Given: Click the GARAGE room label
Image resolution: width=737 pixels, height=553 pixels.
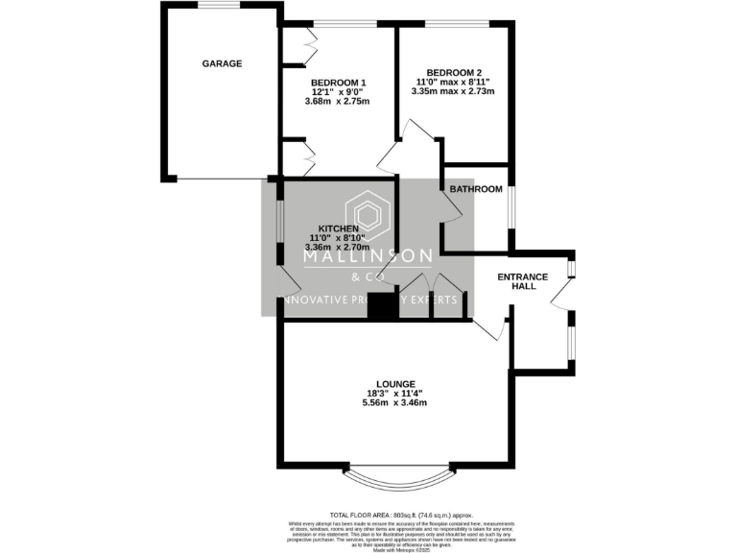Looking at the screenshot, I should click(222, 63).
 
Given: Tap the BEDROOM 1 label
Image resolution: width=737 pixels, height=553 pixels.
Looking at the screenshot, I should click(338, 83).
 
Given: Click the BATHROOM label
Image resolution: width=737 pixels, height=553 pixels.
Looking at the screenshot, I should click(476, 189).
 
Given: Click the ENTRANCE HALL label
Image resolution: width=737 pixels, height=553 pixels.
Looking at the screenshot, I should click(522, 281).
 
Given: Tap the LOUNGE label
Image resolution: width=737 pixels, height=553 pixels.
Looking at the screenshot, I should click(394, 383).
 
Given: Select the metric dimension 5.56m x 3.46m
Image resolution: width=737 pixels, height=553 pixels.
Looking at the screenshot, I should click(394, 402).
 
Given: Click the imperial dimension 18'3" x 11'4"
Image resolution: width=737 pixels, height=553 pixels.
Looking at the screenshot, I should click(394, 393).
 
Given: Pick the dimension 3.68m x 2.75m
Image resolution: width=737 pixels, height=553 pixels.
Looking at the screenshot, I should click(338, 102).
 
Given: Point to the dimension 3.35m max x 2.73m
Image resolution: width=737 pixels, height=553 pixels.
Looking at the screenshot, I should click(455, 92).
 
